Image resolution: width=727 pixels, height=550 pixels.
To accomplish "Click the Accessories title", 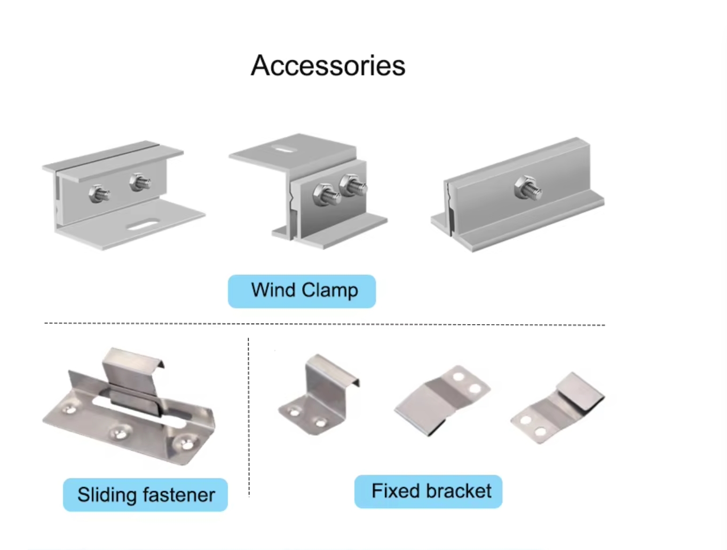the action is (328, 66).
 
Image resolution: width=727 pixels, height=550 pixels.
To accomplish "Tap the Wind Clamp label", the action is (302, 291).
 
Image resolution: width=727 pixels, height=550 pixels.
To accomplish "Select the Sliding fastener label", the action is (145, 494).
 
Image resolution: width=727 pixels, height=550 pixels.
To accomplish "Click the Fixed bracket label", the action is (428, 491).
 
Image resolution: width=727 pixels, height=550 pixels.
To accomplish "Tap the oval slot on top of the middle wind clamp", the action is (284, 149).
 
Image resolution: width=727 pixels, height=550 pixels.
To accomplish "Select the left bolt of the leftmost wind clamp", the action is (99, 194).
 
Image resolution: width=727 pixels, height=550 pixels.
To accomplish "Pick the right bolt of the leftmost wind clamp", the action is (140, 183).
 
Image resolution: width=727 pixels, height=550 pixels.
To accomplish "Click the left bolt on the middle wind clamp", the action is (326, 194).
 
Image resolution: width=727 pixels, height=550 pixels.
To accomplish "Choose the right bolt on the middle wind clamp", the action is (353, 185).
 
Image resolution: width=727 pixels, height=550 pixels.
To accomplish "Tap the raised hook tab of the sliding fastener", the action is (132, 368).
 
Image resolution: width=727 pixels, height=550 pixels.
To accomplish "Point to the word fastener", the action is (179, 494).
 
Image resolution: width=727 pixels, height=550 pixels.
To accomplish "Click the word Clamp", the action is (329, 290).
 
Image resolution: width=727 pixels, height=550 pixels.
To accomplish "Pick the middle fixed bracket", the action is (442, 400).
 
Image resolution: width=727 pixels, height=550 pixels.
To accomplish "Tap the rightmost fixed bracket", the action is (557, 407).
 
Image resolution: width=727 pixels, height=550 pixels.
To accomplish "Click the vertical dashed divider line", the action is (248, 417).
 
